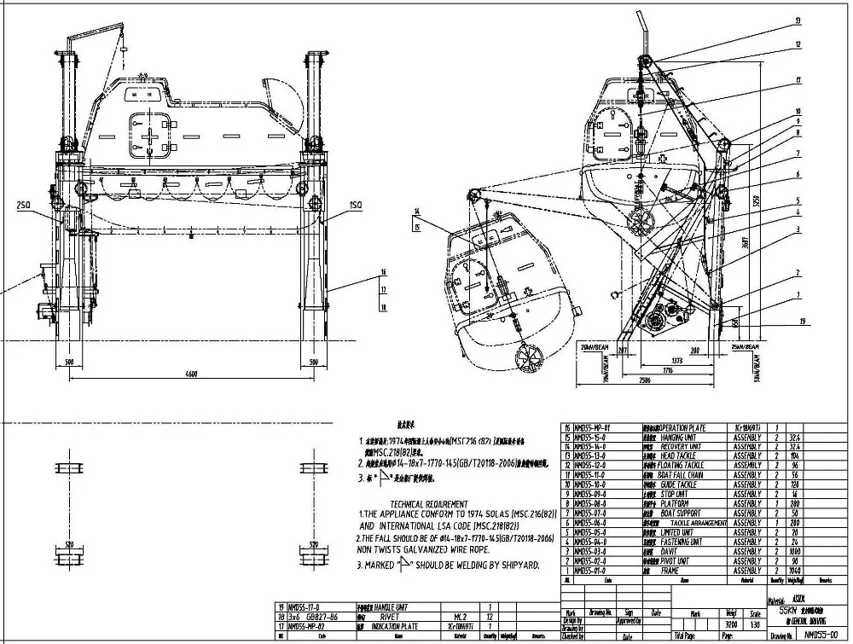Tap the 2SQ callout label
pyautogui.click(x=23, y=205)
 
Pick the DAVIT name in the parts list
pyautogui.click(x=672, y=552)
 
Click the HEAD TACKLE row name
pyautogui.click(x=680, y=456)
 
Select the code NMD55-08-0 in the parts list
pyautogui.click(x=589, y=504)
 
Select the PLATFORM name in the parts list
pyautogui.click(x=676, y=504)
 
